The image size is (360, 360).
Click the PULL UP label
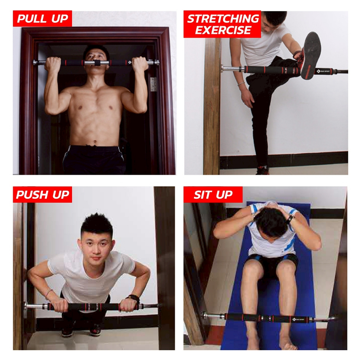coord(43,18)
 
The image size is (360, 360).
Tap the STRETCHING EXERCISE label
coord(222,24)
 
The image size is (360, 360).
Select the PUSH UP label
coord(43,195)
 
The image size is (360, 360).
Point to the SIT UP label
coord(213,195)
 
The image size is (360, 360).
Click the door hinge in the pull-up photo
coord(153,84)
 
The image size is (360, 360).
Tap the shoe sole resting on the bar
coord(311,56)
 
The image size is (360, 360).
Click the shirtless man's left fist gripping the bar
coord(140,65)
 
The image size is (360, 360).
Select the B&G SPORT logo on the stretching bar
coord(323,71)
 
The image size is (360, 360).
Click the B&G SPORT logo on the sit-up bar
coord(298,319)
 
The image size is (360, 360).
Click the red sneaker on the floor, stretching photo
coord(262,171)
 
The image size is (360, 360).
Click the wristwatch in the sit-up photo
coord(290,220)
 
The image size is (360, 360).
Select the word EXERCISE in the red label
coord(223,30)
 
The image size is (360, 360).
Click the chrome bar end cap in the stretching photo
coord(223,68)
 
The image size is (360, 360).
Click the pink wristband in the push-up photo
coord(49,293)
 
